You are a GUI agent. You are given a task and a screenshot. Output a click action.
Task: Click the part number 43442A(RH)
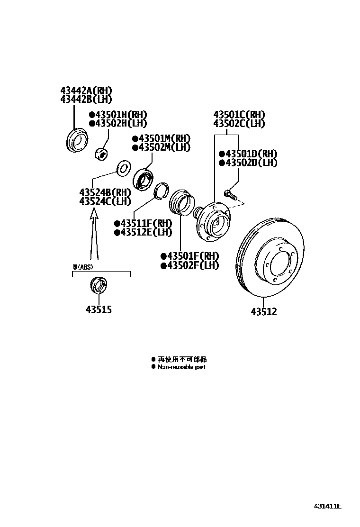pyautogui.click(x=86, y=91)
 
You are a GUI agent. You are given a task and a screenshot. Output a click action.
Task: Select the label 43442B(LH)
pyautogui.click(x=86, y=99)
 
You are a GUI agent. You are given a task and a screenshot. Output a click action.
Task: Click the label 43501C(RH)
pyautogui.click(x=239, y=115)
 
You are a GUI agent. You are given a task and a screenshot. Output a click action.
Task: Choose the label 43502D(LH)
pyautogui.click(x=251, y=163)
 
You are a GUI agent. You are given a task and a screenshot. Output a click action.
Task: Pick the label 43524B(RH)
pyautogui.click(x=105, y=192)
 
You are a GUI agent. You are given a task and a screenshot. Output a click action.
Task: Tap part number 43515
pyautogui.click(x=99, y=309)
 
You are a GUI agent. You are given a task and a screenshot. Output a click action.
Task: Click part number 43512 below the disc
pyautogui.click(x=264, y=311)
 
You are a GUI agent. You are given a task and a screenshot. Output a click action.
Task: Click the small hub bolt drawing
pyautogui.click(x=230, y=194)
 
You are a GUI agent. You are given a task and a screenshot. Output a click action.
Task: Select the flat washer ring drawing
pyautogui.click(x=124, y=168)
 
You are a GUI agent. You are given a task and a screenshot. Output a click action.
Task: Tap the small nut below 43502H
pyautogui.click(x=101, y=154)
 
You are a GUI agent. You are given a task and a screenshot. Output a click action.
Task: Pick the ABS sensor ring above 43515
pyautogui.click(x=98, y=286)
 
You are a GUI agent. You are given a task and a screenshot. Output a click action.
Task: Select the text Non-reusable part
pyautogui.click(x=182, y=367)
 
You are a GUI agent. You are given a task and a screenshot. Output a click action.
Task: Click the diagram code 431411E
pyautogui.click(x=327, y=506)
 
